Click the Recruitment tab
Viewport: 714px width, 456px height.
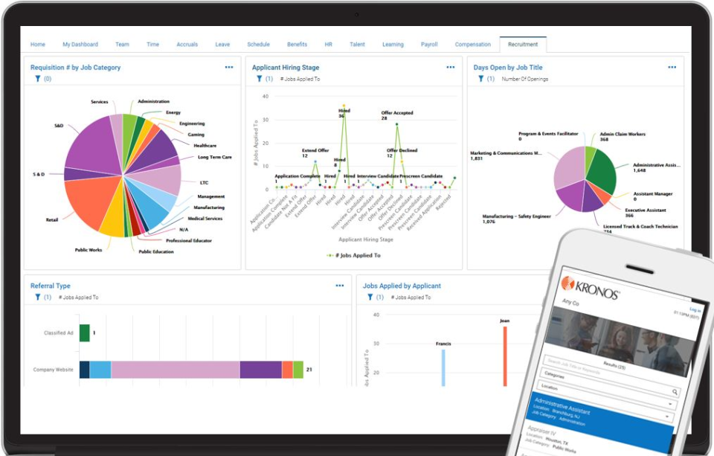[x=523, y=45]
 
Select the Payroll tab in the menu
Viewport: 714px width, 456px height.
[x=429, y=45]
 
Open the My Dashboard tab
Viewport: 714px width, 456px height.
[x=80, y=45]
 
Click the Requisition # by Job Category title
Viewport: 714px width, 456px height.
[x=75, y=68]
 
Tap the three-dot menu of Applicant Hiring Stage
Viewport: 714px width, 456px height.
[x=451, y=68]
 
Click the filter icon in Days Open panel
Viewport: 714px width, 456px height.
[x=480, y=78]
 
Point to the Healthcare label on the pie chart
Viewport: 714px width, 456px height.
[x=205, y=146]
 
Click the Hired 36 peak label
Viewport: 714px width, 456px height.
[x=344, y=113]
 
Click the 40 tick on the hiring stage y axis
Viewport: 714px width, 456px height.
[x=265, y=96]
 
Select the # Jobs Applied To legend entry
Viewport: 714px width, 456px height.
[x=354, y=255]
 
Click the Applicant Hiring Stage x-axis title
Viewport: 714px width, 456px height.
[x=365, y=240]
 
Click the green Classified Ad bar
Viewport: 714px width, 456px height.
[x=84, y=333]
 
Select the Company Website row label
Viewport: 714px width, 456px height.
[x=53, y=370]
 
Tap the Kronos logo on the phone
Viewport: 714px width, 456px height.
[x=591, y=285]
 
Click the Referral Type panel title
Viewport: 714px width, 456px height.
[x=51, y=286]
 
